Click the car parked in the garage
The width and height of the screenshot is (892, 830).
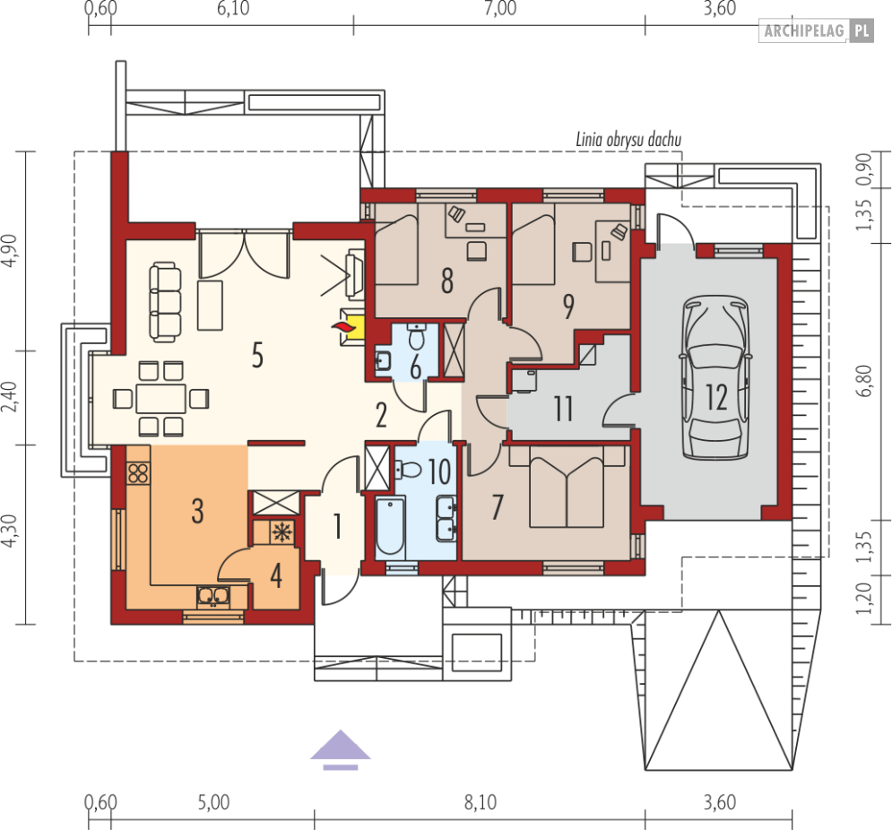click(715, 377)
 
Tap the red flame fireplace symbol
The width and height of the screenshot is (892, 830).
click(343, 327)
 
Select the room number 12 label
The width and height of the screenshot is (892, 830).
click(716, 397)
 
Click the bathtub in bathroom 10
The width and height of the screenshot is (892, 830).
click(390, 526)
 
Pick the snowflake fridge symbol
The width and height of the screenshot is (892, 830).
click(281, 532)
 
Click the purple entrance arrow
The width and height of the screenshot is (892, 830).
click(340, 749)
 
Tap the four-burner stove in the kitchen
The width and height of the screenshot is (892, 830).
click(138, 473)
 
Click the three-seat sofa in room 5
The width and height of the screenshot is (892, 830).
click(165, 302)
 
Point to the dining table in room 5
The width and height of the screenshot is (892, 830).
click(161, 398)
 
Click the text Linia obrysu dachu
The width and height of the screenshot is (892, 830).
click(628, 139)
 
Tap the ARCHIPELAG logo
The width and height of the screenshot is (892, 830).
click(816, 30)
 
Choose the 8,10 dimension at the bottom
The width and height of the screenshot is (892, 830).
click(481, 802)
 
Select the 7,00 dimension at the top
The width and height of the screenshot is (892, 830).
click(500, 9)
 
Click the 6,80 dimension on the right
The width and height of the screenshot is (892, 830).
click(863, 381)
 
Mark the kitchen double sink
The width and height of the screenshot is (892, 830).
click(213, 596)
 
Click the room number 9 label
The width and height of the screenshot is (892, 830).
click(568, 307)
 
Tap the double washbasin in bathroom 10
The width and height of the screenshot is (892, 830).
click(446, 518)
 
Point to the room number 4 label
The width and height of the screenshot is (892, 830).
click(276, 575)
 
